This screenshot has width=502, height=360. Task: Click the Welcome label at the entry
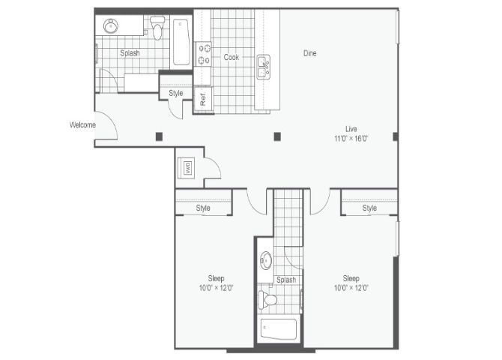(x=82, y=124)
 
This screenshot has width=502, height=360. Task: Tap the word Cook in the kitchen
(x=232, y=56)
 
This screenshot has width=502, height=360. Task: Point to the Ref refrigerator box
(x=203, y=97)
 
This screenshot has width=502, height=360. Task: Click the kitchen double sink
(x=264, y=67)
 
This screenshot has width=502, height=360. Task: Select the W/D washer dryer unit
(x=187, y=168)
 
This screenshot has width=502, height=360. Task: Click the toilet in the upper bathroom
(x=157, y=28)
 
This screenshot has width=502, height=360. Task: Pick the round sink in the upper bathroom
(x=110, y=26)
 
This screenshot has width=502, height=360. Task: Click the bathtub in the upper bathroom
(x=182, y=42)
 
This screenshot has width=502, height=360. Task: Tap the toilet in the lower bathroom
(x=268, y=300)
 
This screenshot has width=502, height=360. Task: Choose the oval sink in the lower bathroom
(x=265, y=261)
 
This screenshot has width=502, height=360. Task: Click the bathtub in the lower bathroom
(x=278, y=329)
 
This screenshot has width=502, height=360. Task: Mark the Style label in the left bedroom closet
(x=203, y=208)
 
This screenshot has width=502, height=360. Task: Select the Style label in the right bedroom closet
(x=369, y=208)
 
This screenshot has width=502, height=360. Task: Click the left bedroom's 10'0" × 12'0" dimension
(x=216, y=288)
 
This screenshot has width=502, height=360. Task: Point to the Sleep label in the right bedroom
(x=351, y=277)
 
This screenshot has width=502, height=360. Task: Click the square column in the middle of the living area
(x=277, y=136)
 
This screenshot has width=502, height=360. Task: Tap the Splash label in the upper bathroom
(x=130, y=53)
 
